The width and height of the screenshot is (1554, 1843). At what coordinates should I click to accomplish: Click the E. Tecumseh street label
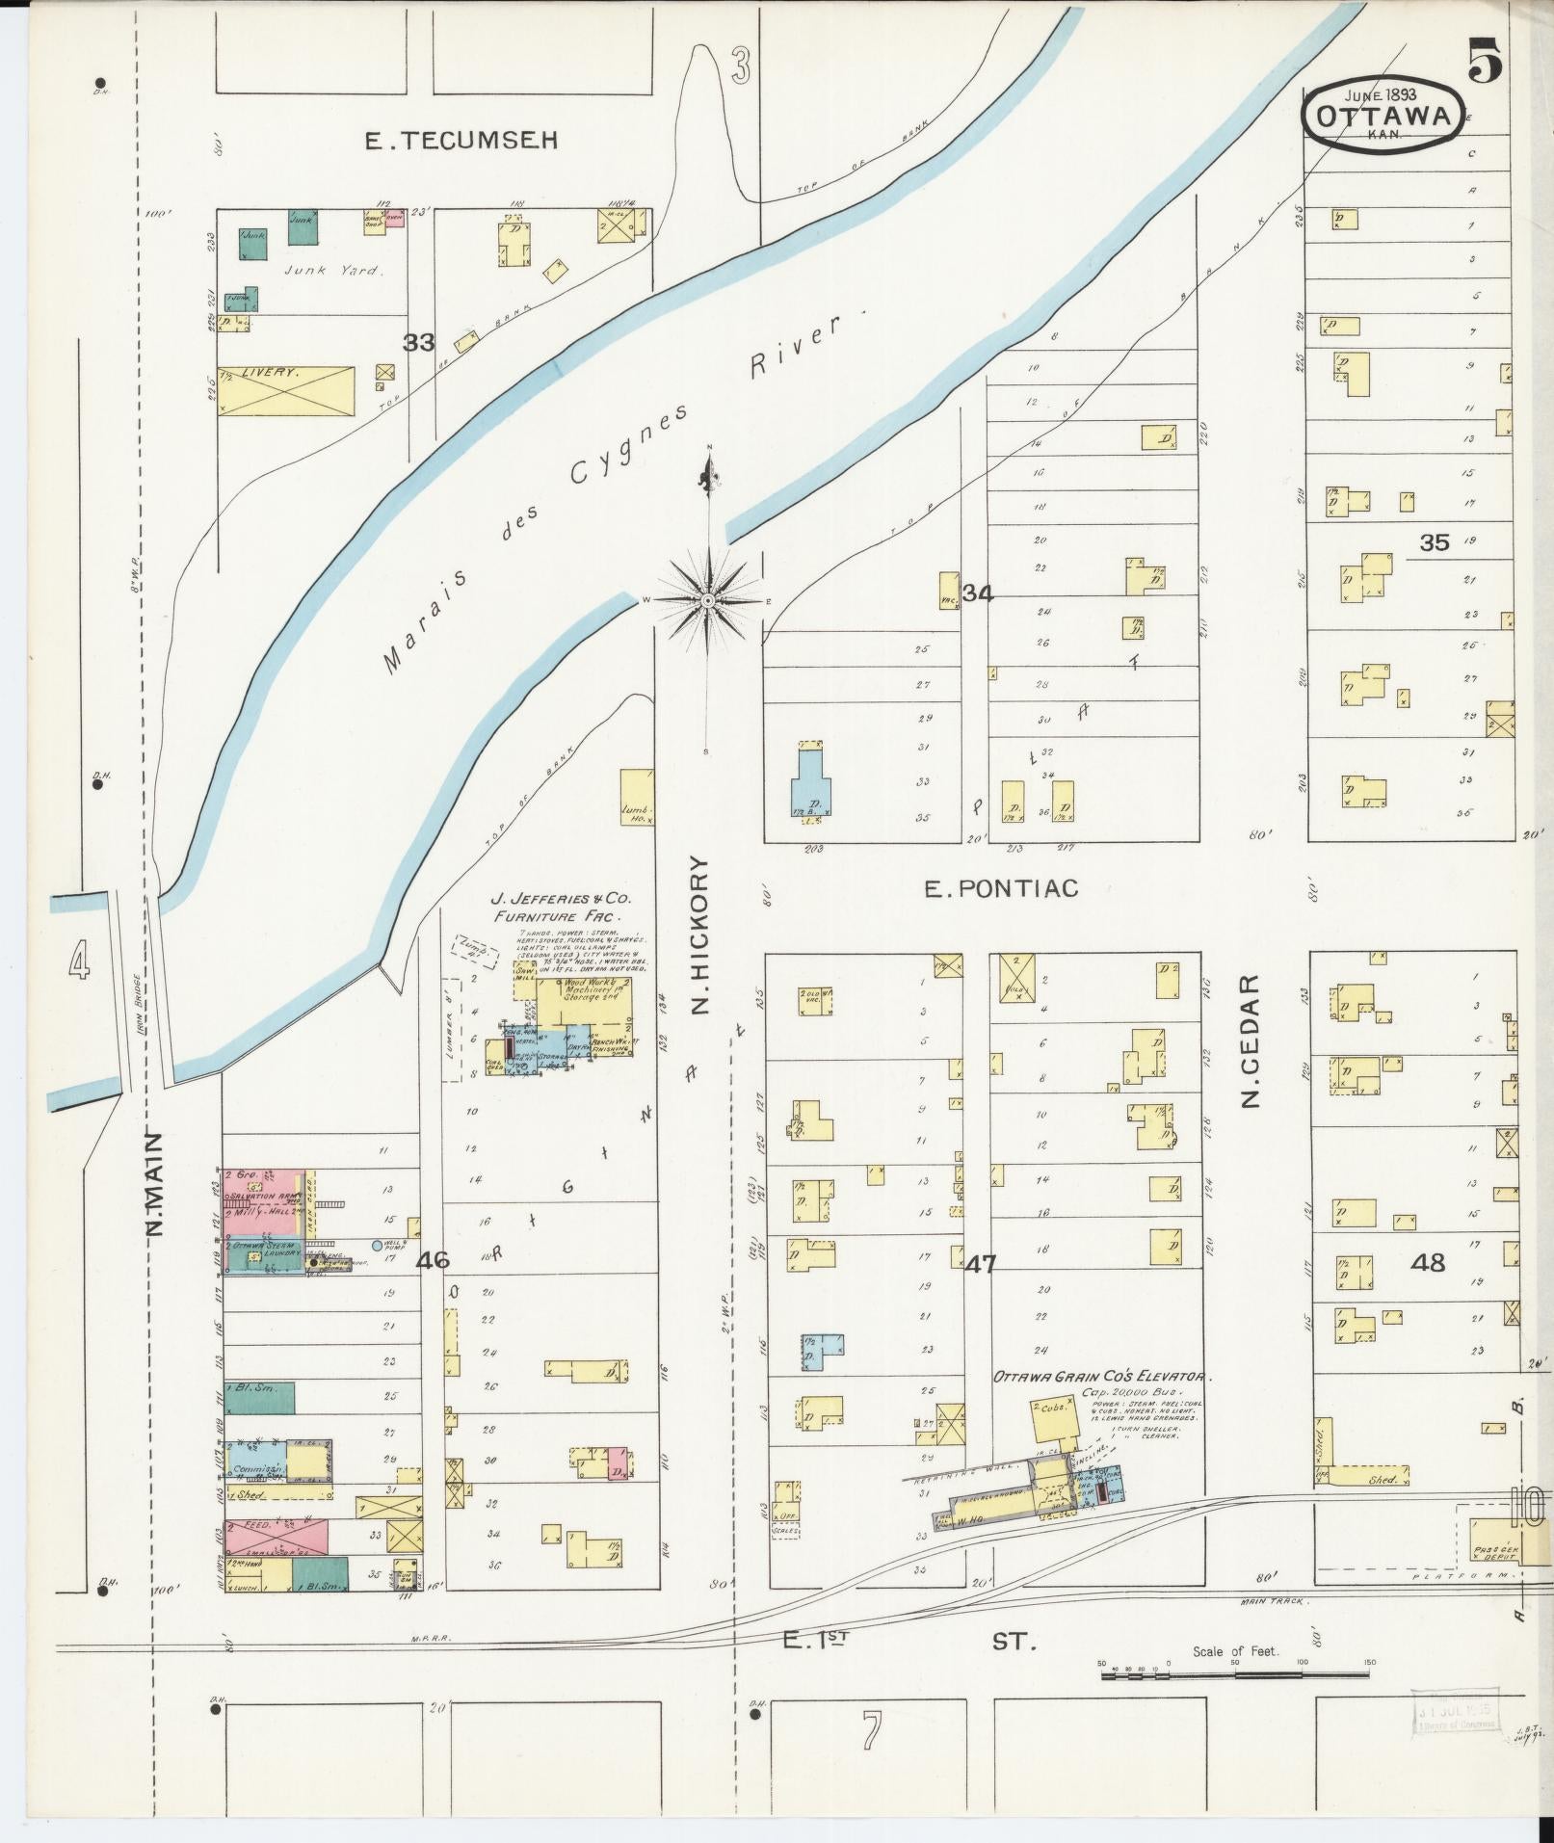[x=461, y=142]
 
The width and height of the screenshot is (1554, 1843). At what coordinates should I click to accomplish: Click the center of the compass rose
[x=708, y=600]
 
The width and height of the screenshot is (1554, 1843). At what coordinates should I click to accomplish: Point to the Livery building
[x=286, y=388]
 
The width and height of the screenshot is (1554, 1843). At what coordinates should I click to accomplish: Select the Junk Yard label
[x=333, y=271]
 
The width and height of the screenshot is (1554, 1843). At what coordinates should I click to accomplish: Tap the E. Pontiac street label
[x=1001, y=888]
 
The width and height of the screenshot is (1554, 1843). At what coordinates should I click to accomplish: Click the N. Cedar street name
[x=1251, y=1041]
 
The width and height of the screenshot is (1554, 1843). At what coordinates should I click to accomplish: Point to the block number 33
[x=419, y=342]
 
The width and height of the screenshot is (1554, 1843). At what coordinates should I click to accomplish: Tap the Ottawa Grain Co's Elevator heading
[x=1100, y=1378]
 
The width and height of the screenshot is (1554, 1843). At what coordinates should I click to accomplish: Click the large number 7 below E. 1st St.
[x=871, y=1731]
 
